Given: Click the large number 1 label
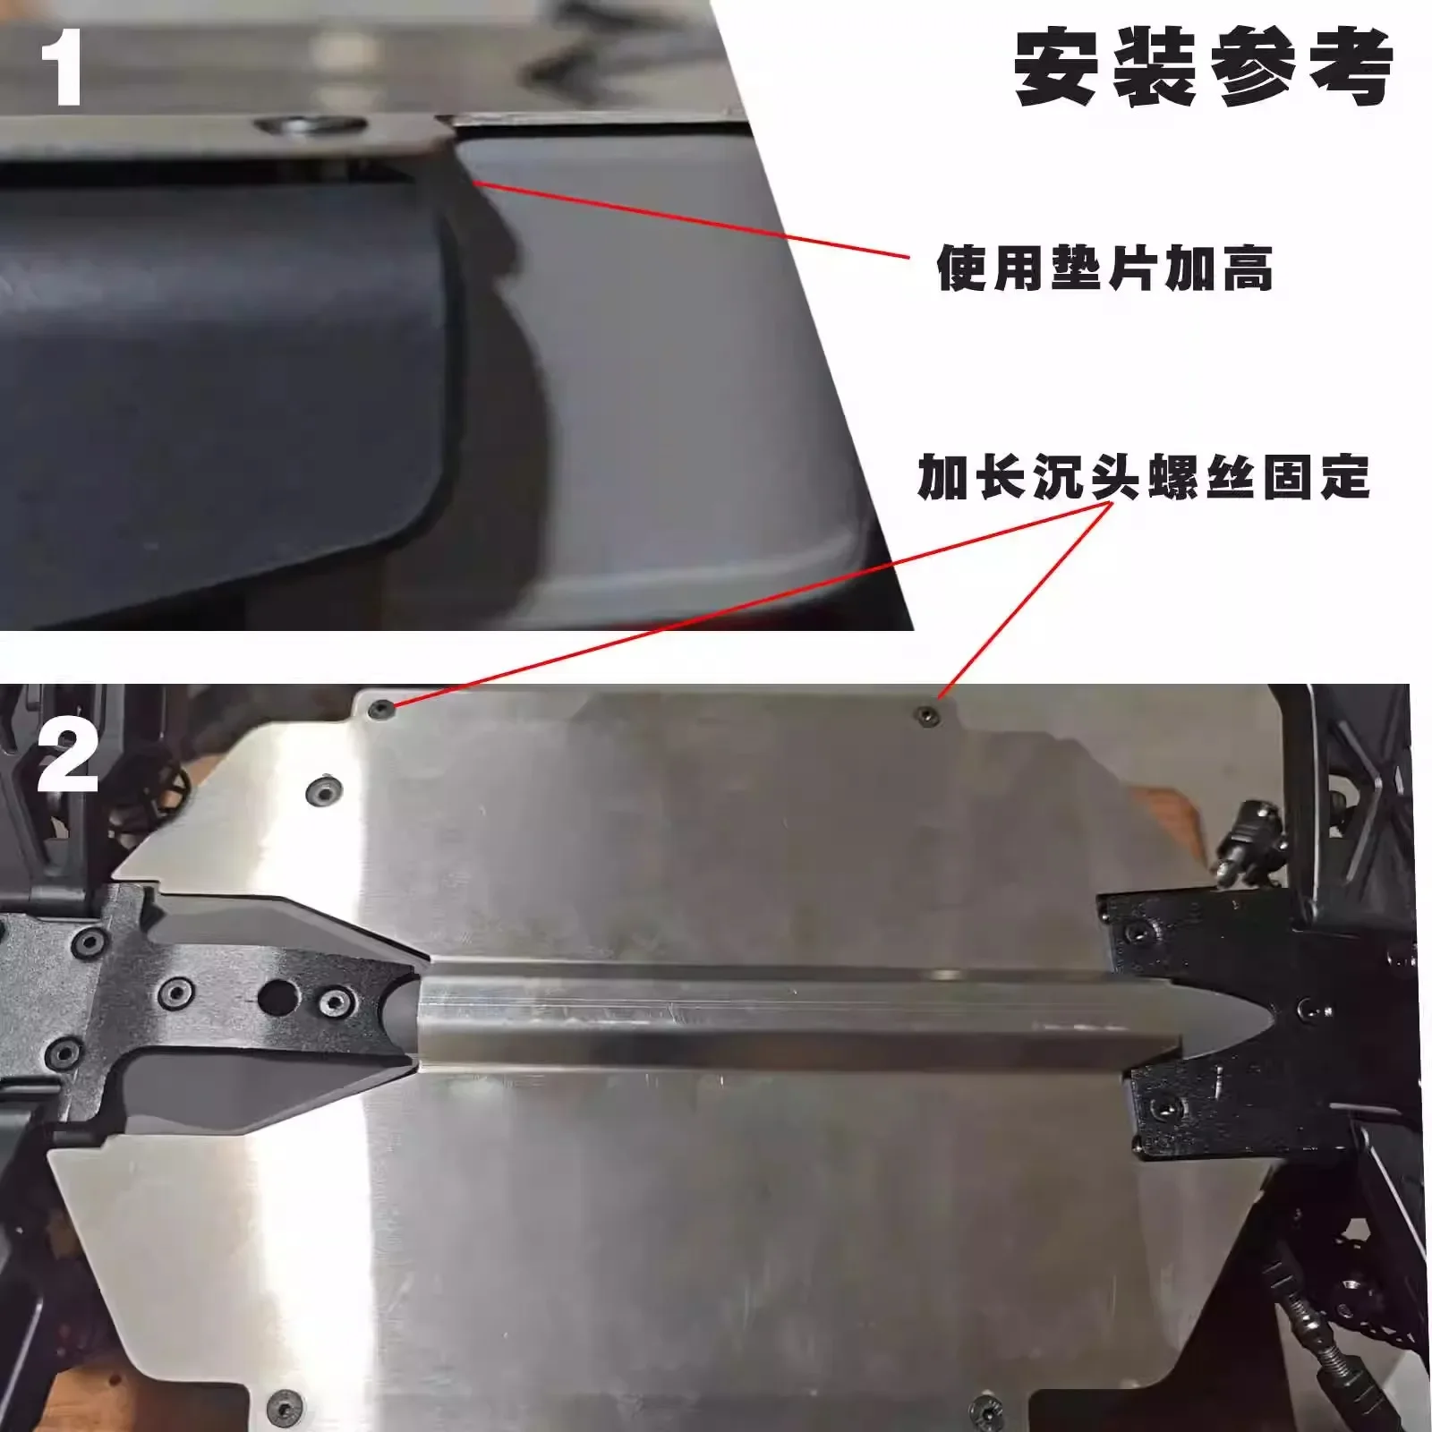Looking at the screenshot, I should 61,67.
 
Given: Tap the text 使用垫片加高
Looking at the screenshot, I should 1104,268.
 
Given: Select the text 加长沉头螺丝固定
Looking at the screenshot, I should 1144,477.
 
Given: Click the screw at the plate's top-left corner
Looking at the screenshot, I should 383,710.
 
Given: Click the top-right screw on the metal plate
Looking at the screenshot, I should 927,715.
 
